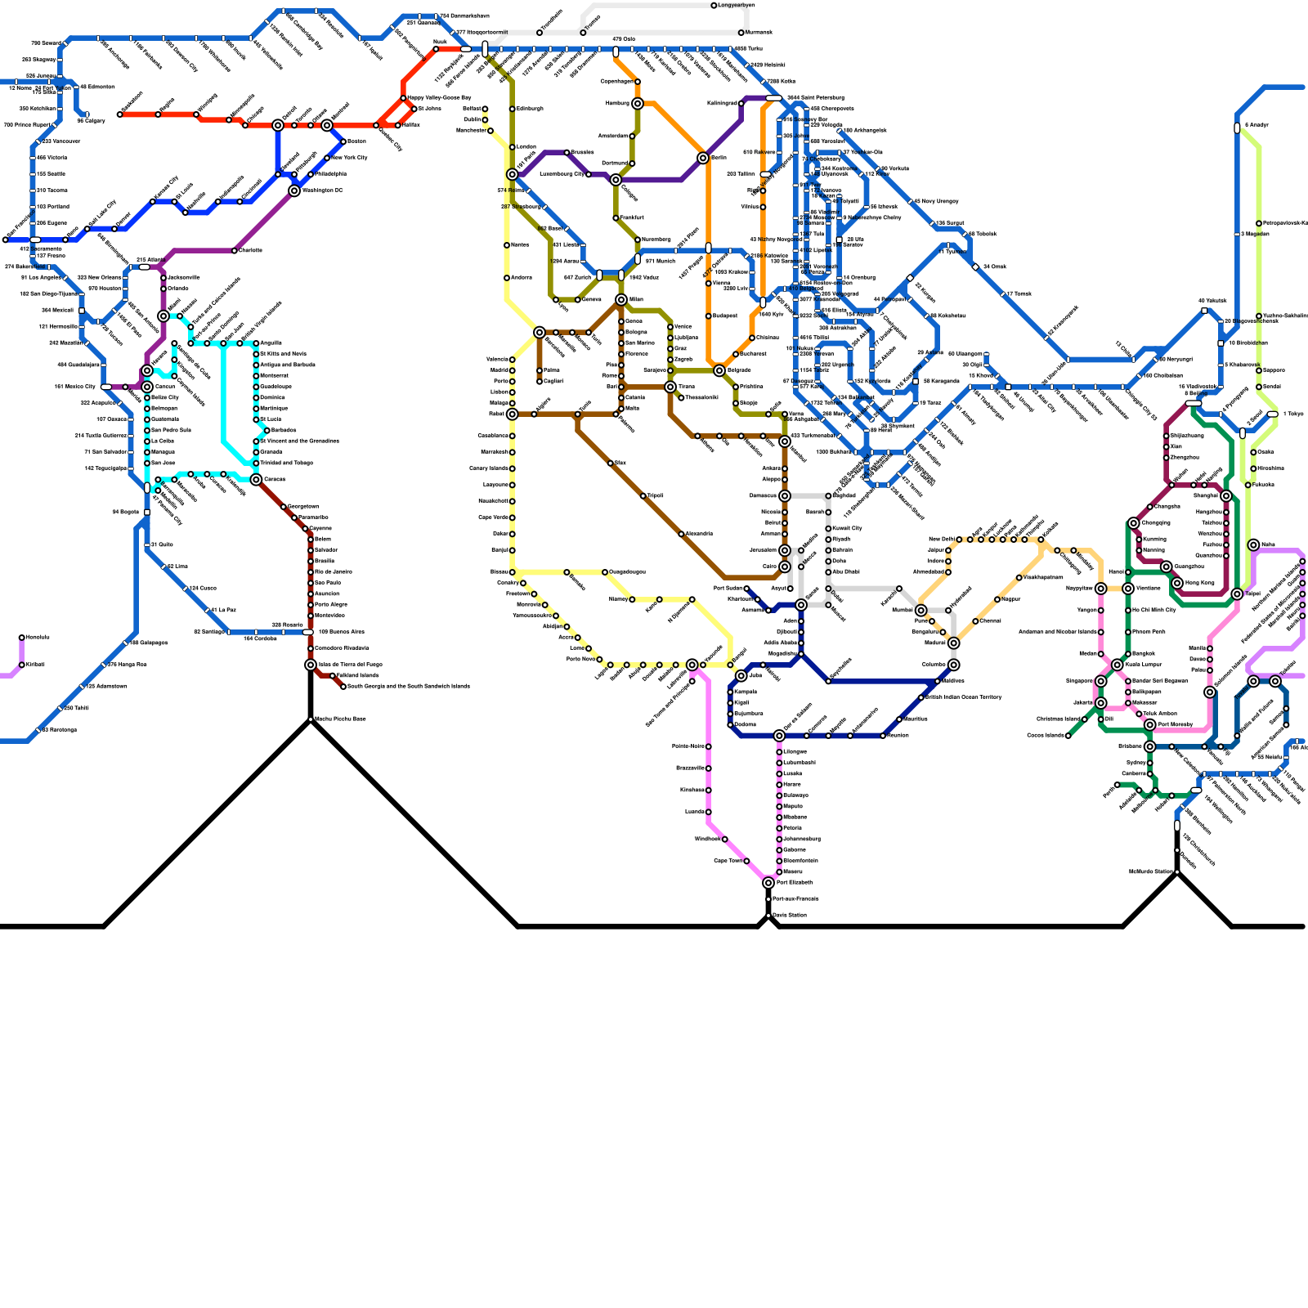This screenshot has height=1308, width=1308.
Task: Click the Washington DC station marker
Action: click(294, 191)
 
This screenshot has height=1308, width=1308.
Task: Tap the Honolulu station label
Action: click(38, 638)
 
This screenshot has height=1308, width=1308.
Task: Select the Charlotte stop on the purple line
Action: click(235, 251)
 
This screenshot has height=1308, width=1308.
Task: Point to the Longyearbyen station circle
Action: click(714, 6)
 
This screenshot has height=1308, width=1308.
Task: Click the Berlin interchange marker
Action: click(703, 158)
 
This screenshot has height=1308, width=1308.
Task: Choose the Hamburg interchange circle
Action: click(638, 104)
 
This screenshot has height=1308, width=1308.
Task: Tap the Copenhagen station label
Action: click(617, 82)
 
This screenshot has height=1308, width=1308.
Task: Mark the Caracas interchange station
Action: click(256, 480)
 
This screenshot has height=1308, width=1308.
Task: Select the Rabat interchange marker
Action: click(513, 414)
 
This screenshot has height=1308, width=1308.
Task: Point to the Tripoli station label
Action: click(656, 496)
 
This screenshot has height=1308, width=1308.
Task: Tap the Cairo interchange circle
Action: click(785, 567)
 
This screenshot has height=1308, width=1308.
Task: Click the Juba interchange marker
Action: click(741, 676)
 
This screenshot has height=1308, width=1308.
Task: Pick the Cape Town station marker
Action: click(746, 861)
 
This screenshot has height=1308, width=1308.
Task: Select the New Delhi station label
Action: click(943, 540)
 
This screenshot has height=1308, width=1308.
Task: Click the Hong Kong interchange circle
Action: click(1177, 583)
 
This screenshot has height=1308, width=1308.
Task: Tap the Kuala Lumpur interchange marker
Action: click(1118, 665)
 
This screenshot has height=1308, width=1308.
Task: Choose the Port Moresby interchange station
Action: click(1150, 725)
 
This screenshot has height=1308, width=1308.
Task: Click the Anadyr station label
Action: click(1257, 125)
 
